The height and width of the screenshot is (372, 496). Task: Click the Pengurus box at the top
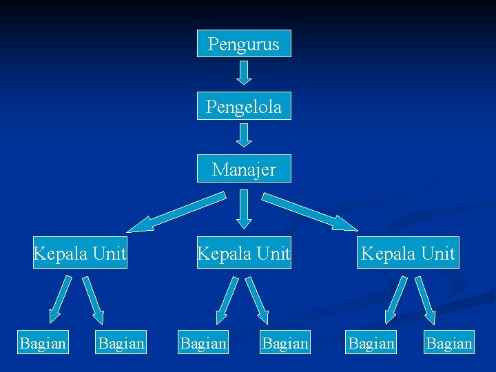[x=244, y=43]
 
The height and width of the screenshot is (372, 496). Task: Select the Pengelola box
[x=244, y=106]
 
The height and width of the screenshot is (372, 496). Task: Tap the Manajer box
[x=244, y=169]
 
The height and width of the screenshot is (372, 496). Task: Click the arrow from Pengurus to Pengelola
[x=244, y=71]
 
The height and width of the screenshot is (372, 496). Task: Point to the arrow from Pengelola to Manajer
[x=244, y=134]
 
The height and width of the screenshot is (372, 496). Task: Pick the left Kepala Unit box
[x=81, y=254]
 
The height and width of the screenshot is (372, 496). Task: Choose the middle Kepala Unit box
[x=244, y=254]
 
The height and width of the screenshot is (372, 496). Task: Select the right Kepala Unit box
[x=408, y=254]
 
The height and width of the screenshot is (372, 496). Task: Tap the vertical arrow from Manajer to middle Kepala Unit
[x=244, y=209]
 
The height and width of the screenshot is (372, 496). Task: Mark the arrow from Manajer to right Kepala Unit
[x=311, y=211]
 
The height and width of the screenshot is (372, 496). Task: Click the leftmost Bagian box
[x=43, y=342]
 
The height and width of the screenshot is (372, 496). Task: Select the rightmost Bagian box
[x=449, y=342]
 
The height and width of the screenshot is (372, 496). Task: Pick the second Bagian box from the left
[x=121, y=342]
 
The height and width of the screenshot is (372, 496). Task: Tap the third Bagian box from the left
[x=203, y=342]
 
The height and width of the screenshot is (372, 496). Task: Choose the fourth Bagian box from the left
[x=285, y=342]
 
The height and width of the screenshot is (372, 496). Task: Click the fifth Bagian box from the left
[x=371, y=342]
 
